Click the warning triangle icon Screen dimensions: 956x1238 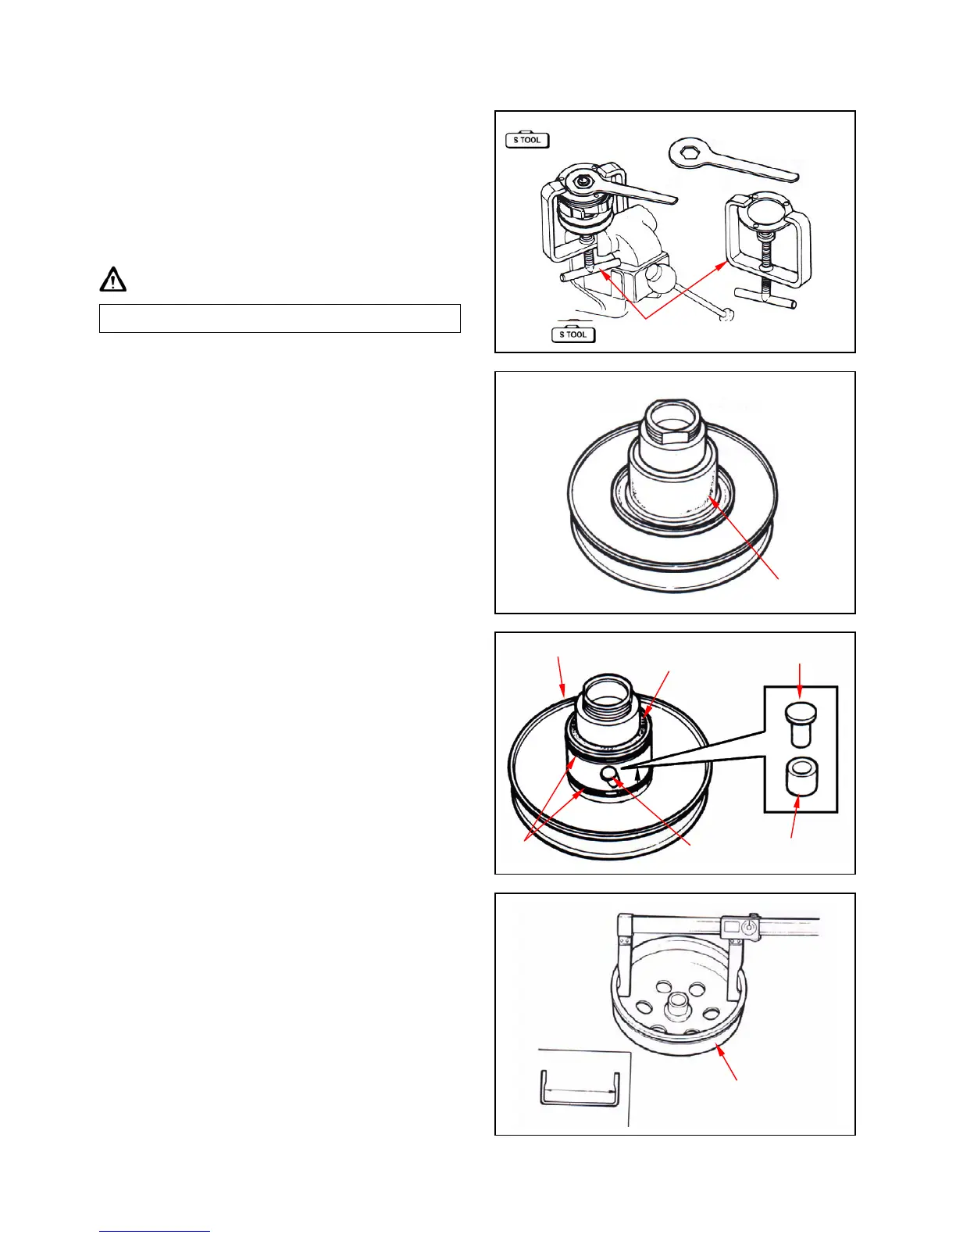click(112, 279)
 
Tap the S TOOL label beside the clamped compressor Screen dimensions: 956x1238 click(527, 140)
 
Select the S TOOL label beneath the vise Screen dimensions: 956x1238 click(573, 335)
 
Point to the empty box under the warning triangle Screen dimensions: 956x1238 click(280, 318)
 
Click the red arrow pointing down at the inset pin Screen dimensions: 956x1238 click(801, 680)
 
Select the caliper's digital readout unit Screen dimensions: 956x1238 click(740, 928)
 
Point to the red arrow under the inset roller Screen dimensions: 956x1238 click(794, 817)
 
